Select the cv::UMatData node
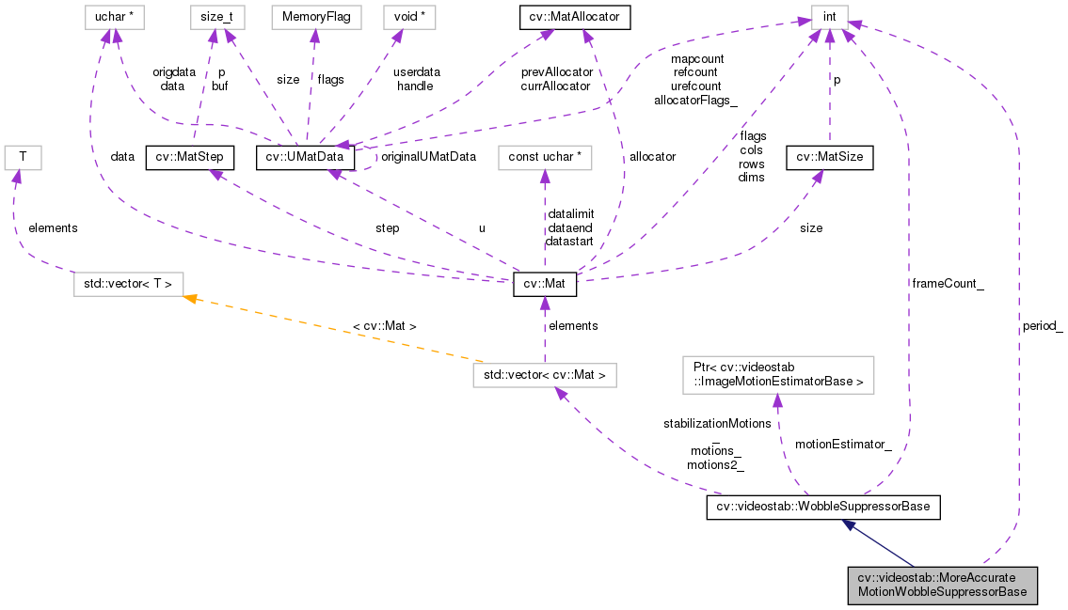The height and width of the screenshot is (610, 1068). (305, 157)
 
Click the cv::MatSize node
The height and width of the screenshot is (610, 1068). (830, 157)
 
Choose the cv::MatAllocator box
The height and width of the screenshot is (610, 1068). (574, 16)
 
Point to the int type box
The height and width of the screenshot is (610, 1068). (829, 16)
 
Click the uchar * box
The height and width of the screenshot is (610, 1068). (116, 16)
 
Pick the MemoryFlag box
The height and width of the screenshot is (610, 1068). (315, 16)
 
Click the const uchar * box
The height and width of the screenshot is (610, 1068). (544, 157)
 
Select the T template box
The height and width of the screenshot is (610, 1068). (21, 157)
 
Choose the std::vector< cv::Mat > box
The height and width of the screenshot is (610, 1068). (545, 375)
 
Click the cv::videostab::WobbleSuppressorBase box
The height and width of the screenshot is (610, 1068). (823, 507)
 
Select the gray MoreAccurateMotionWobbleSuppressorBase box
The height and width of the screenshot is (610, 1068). (942, 585)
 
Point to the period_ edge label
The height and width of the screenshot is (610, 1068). (1042, 327)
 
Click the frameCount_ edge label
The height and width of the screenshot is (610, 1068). (948, 282)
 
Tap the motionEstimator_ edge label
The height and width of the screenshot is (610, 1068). (843, 445)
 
